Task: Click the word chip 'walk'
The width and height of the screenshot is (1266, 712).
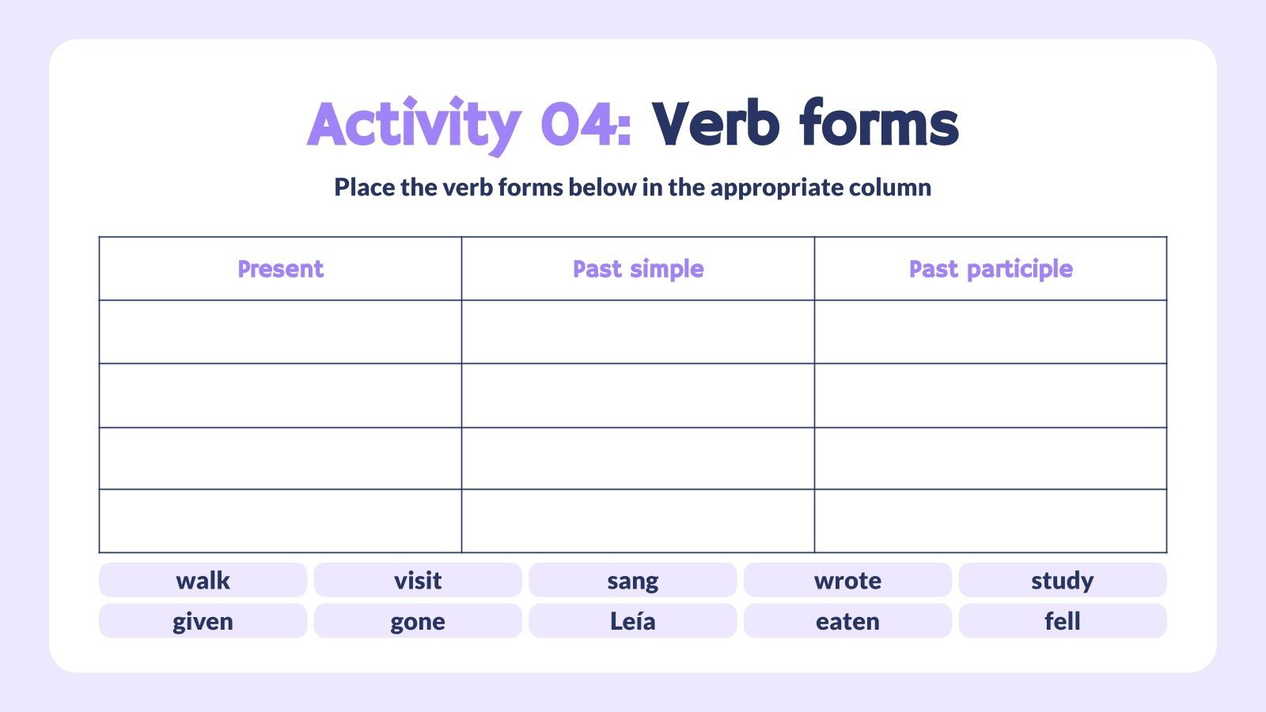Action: (203, 580)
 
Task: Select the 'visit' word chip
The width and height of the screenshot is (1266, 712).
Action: (418, 580)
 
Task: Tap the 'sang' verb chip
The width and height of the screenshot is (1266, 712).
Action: (632, 580)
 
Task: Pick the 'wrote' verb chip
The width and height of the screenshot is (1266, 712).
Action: (847, 580)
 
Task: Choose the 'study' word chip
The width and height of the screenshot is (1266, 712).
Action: (1062, 580)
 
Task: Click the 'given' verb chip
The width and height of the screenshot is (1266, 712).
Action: (203, 621)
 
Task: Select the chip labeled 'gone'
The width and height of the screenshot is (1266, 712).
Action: (418, 621)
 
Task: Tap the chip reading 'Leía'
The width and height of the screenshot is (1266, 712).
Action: (632, 621)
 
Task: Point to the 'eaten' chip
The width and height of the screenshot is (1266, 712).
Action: (847, 621)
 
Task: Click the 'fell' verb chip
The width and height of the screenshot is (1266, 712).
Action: (1062, 621)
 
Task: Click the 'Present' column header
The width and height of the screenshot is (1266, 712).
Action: (280, 269)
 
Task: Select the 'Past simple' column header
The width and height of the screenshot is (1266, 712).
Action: (638, 269)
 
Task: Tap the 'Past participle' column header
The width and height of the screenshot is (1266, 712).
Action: (991, 269)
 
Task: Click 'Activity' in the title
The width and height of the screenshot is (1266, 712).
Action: (413, 125)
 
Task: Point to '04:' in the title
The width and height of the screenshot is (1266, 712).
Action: (586, 125)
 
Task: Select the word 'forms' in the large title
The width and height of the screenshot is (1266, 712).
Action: (878, 125)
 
